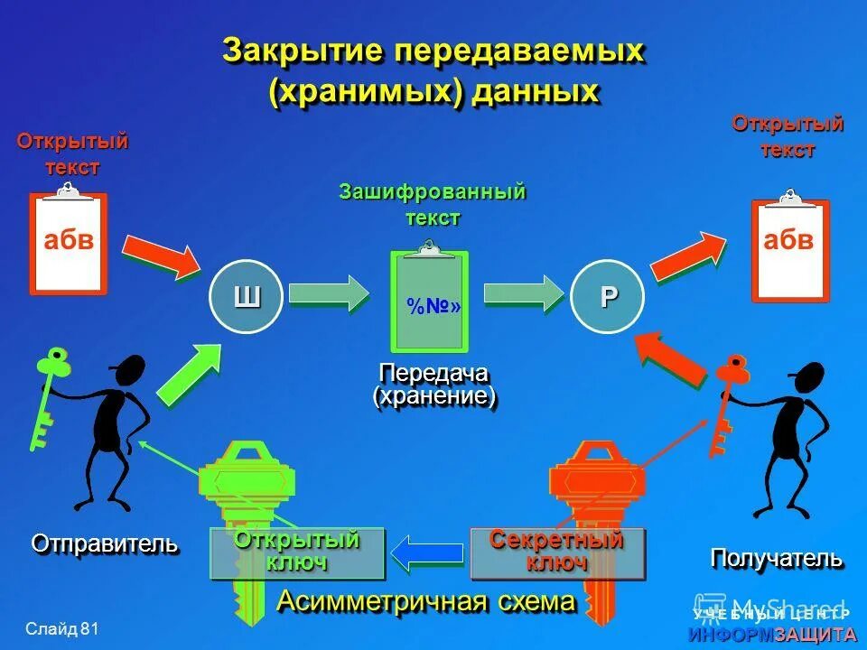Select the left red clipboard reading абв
coord(69,242)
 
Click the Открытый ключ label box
coord(297,552)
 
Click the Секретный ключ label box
coord(557,552)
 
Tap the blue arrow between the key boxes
coord(428,552)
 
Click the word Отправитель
coord(105,543)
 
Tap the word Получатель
coord(777,558)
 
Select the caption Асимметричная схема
coord(425,601)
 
